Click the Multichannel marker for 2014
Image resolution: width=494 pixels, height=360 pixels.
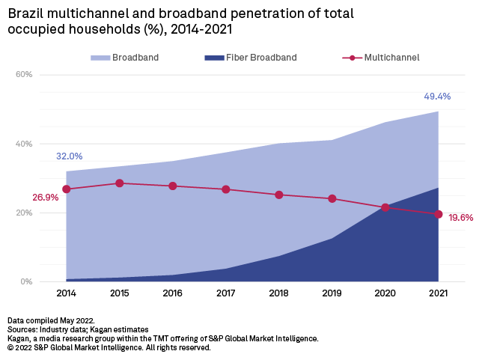[x=66, y=189]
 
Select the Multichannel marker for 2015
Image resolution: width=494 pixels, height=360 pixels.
[x=119, y=183]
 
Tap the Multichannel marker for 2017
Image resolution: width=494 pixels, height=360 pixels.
[x=225, y=189]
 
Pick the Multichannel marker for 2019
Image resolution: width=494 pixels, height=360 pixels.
[x=332, y=199]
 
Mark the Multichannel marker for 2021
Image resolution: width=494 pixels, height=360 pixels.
[x=438, y=214]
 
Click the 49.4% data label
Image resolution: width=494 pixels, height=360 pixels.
[x=437, y=97]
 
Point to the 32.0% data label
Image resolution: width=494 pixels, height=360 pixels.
[x=69, y=156]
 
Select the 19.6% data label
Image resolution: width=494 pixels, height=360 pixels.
[x=461, y=217]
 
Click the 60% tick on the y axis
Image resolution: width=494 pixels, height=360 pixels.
[x=24, y=75]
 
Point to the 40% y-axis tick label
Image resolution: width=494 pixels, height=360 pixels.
[x=24, y=144]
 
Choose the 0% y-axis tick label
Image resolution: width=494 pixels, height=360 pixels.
[x=26, y=282]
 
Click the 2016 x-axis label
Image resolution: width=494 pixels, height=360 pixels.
[x=172, y=294]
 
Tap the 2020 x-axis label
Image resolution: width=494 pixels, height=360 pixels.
[x=385, y=294]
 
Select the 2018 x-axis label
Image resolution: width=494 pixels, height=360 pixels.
[x=278, y=294]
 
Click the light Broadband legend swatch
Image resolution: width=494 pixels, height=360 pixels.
[x=100, y=58]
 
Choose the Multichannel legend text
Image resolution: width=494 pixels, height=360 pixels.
[x=391, y=58]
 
